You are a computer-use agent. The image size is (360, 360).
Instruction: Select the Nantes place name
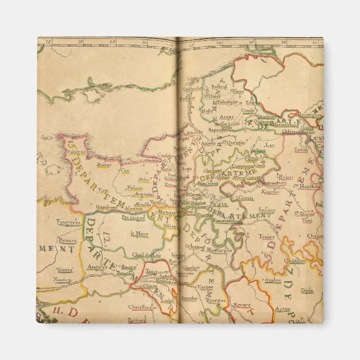[64, 279]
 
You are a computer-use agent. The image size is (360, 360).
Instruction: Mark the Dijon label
[306, 291]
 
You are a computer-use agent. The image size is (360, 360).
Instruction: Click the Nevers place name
[241, 305]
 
